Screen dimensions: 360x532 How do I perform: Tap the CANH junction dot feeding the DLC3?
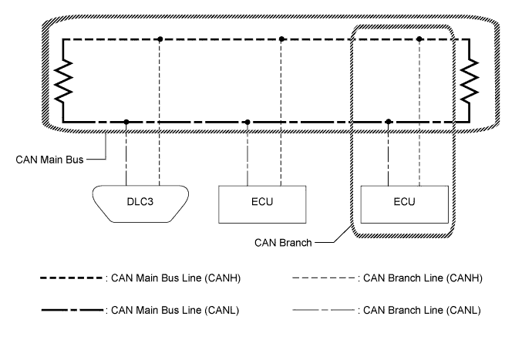159,38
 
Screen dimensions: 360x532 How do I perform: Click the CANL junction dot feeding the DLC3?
126,122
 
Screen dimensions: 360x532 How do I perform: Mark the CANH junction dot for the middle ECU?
282,38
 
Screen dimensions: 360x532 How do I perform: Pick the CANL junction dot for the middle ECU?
247,122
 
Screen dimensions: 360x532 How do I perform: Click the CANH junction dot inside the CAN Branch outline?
419,38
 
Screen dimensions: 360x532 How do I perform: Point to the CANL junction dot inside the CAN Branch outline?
389,122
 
